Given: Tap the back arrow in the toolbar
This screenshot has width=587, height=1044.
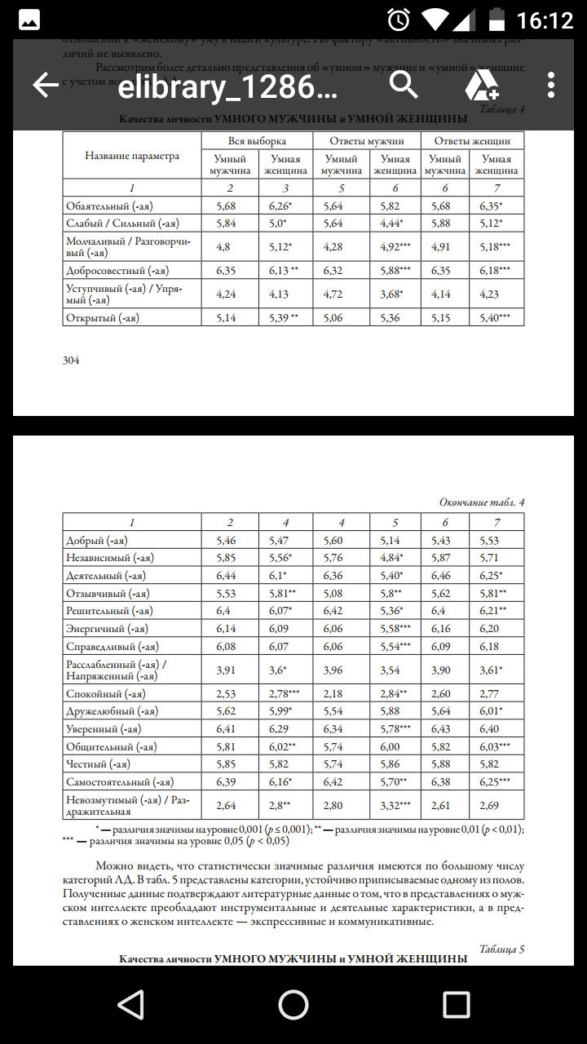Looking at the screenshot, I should point(46,85).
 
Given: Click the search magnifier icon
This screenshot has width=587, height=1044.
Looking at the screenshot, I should point(403,84).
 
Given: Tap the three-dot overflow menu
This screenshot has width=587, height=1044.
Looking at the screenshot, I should point(552,85).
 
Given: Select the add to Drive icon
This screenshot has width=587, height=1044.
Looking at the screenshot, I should point(482,85).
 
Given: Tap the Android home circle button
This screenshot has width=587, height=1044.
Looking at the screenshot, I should point(293,1005).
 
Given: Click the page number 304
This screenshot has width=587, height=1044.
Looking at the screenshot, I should point(71,360).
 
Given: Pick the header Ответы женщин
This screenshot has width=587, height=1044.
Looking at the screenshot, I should point(472,141).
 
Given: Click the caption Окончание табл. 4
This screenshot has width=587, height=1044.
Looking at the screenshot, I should point(482,502).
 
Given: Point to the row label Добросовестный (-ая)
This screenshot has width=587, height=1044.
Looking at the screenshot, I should point(118,269).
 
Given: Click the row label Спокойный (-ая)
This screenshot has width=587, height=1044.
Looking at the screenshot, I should point(105,694).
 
